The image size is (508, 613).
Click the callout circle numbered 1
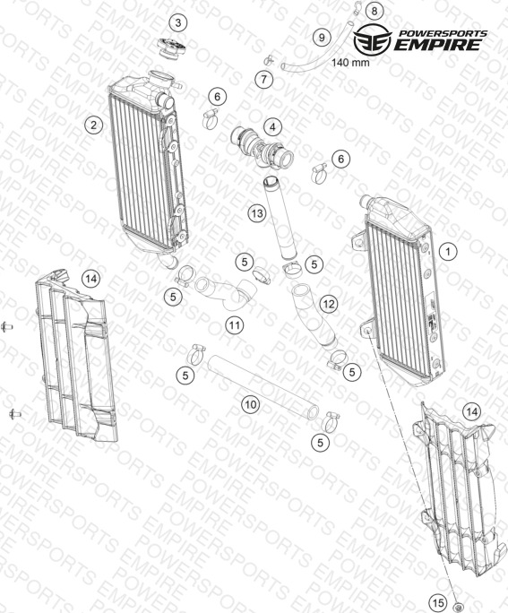tap(448, 251)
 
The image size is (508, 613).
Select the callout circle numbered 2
tap(93, 125)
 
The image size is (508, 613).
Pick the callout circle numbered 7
tap(264, 80)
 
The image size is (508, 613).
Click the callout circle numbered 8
tap(375, 11)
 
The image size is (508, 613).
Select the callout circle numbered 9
tap(322, 38)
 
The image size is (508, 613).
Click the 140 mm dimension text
tap(350, 62)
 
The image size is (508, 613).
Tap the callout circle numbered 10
tap(251, 404)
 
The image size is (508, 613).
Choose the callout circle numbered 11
tap(235, 325)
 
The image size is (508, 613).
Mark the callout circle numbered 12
tap(328, 304)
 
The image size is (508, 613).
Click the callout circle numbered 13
tap(257, 213)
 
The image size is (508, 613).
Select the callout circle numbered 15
tap(438, 602)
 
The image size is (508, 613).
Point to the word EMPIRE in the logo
tap(437, 45)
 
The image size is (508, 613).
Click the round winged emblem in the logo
tap(373, 39)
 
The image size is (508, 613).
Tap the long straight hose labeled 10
tap(263, 387)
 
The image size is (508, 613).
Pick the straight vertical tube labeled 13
tap(280, 218)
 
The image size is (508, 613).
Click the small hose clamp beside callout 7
tap(269, 60)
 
